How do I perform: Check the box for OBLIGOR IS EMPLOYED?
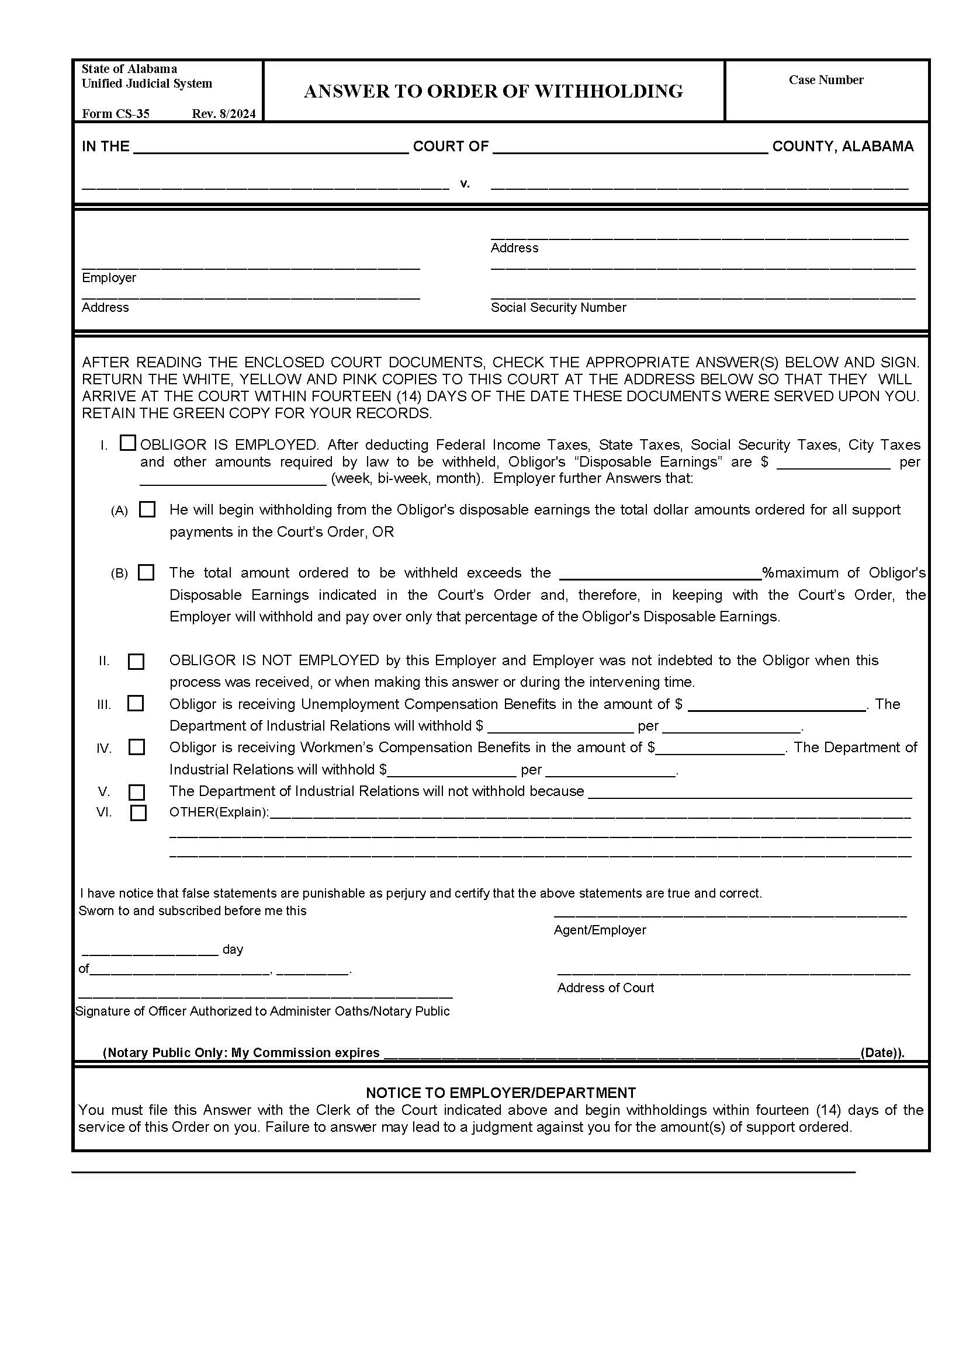pyautogui.click(x=127, y=443)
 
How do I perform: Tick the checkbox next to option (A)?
pyautogui.click(x=147, y=509)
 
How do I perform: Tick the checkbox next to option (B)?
pyautogui.click(x=146, y=572)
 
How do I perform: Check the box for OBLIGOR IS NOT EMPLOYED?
pyautogui.click(x=136, y=662)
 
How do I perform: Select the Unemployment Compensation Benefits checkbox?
pyautogui.click(x=136, y=703)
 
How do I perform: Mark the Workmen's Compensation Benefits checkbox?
pyautogui.click(x=136, y=747)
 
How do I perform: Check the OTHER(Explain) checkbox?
pyautogui.click(x=138, y=813)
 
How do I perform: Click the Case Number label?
pyautogui.click(x=826, y=80)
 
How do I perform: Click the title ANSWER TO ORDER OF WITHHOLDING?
pyautogui.click(x=493, y=91)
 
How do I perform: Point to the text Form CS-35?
pyautogui.click(x=116, y=114)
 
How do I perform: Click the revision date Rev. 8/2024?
pyautogui.click(x=223, y=114)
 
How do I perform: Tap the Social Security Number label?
pyautogui.click(x=558, y=307)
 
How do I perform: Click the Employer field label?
pyautogui.click(x=109, y=277)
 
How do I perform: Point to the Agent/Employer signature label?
pyautogui.click(x=600, y=930)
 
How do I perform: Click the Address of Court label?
pyautogui.click(x=605, y=988)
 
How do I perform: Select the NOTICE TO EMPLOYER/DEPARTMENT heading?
pyautogui.click(x=501, y=1093)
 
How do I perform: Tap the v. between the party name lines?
pyautogui.click(x=465, y=184)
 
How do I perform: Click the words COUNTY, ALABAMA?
pyautogui.click(x=842, y=147)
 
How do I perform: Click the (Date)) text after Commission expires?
pyautogui.click(x=882, y=1052)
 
